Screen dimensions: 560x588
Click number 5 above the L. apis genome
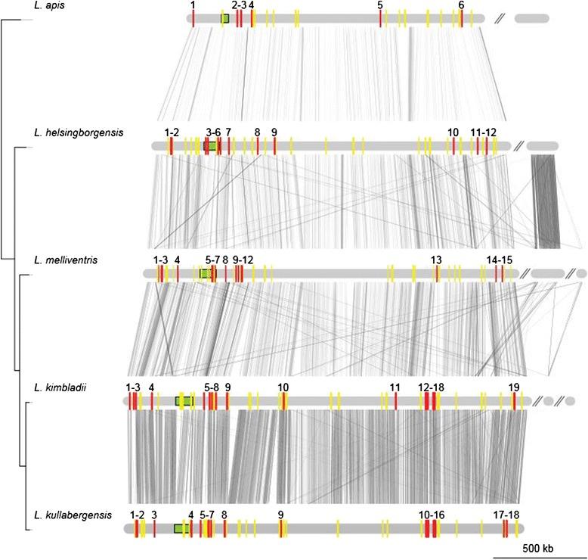[379, 5]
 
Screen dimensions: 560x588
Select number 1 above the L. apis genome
[193, 5]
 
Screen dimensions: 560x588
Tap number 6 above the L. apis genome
[461, 5]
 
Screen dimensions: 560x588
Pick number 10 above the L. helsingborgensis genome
[453, 132]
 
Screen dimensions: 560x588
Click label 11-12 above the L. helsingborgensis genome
[484, 132]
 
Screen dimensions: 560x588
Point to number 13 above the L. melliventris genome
[436, 260]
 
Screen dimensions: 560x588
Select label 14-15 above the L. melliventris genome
[500, 260]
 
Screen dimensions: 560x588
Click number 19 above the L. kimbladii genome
[514, 387]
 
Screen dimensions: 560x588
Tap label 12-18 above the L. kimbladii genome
[431, 387]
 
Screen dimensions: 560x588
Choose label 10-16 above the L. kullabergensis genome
[431, 515]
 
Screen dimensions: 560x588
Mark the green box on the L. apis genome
[225, 18]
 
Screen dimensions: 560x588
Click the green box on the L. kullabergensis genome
[181, 529]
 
